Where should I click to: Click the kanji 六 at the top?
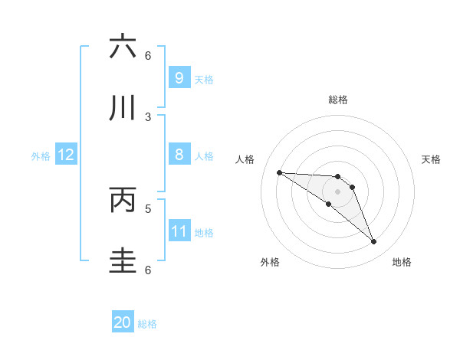click(123, 47)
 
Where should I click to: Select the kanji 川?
click(123, 108)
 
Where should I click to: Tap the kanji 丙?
click(123, 200)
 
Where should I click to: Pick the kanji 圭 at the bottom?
click(123, 260)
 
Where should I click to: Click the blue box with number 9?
click(179, 77)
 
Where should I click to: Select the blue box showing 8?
click(179, 155)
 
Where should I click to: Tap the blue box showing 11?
click(179, 231)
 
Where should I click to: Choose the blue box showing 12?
click(65, 155)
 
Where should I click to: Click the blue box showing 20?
click(123, 322)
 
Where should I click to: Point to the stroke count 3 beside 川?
click(148, 116)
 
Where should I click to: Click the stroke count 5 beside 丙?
click(148, 208)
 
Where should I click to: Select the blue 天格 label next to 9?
click(204, 79)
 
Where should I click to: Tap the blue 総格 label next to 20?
click(147, 324)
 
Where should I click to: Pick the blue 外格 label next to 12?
click(41, 156)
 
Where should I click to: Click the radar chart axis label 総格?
click(337, 100)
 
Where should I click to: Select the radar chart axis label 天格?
click(431, 159)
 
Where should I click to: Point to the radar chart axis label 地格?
click(402, 262)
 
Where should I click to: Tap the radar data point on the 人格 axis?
click(279, 172)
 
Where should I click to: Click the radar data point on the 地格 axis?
click(373, 241)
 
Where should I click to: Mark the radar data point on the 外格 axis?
click(328, 204)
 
